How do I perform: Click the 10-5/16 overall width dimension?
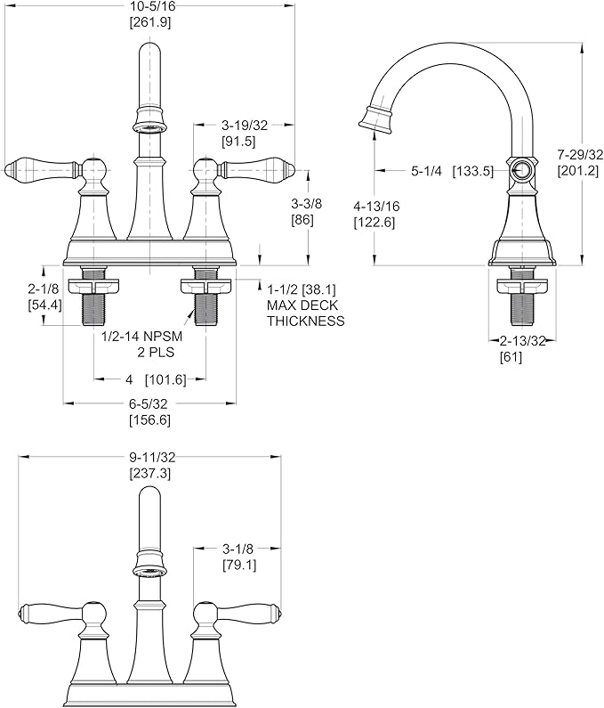(150, 6)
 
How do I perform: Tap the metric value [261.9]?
(150, 22)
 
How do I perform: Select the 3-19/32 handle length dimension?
(245, 125)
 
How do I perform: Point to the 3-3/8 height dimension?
(306, 204)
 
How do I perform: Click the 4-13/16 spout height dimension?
(376, 207)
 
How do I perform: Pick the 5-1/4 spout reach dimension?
(426, 171)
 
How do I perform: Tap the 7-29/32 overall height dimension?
(580, 155)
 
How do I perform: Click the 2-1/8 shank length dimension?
(44, 288)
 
